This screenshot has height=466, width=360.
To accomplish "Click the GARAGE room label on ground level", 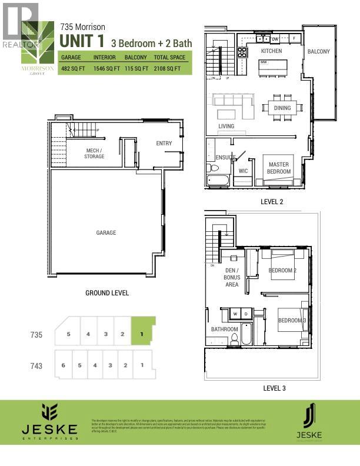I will coord(106,233).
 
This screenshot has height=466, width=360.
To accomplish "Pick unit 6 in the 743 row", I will coord(64,365).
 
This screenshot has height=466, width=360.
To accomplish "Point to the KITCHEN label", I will coord(271,51).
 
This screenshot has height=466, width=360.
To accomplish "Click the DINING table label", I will coord(282,108).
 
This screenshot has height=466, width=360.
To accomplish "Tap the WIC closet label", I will coord(244,171).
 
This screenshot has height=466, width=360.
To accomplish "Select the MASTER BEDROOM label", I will coord(279,168).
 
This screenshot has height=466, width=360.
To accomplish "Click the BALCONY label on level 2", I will coord(318,52).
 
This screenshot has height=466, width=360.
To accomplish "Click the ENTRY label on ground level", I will coord(164,144).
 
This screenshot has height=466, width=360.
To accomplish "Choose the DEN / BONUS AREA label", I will coord(232,277).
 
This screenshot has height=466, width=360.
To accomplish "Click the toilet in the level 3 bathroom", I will coord(234,339).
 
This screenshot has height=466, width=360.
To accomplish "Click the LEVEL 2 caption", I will coord(273,201).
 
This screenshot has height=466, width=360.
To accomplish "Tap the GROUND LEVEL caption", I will coord(106,292).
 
